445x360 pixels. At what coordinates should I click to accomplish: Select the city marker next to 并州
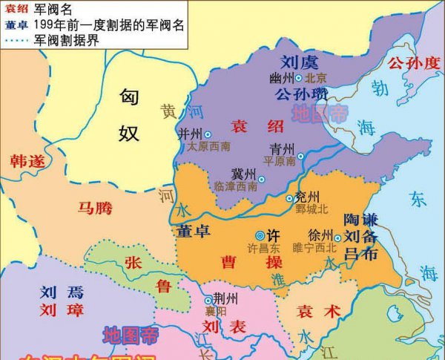(x=208, y=134)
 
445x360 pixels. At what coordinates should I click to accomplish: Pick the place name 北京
(x=317, y=77)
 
